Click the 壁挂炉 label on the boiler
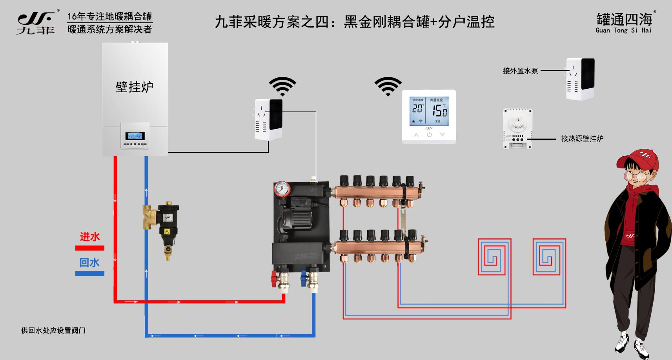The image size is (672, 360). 134,87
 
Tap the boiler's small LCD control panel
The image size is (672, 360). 135,136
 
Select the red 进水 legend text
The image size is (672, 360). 90,237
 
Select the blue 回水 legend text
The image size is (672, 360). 89,263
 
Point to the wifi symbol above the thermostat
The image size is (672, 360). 388,86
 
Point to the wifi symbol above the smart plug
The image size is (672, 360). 282,86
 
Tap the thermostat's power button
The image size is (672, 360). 429,135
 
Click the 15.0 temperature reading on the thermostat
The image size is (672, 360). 439,111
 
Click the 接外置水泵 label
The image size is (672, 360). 520,71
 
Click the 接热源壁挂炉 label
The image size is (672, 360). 582,139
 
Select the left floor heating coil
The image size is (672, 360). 494,256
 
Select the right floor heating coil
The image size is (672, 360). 549,256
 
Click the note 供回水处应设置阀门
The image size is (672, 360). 53,331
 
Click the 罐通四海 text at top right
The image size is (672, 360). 624,19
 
